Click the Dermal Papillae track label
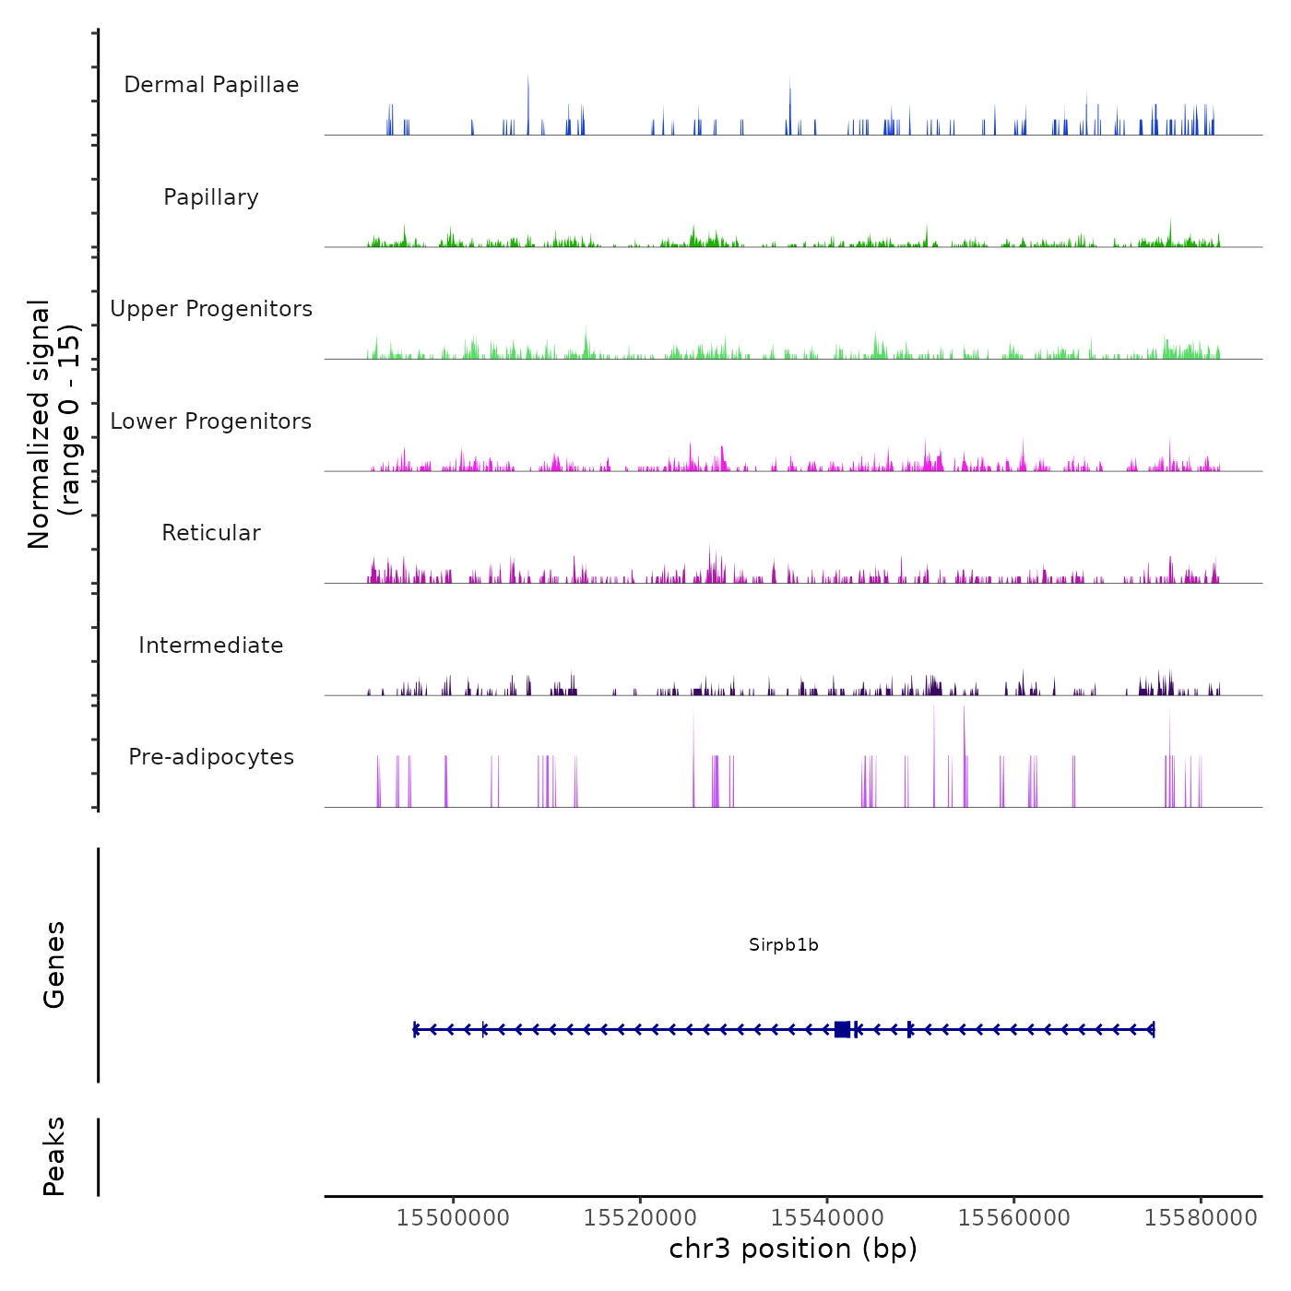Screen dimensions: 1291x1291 tap(211, 85)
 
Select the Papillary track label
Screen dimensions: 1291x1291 tap(211, 197)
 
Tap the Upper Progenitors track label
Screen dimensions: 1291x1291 tap(211, 309)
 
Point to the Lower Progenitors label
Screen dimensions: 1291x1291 tap(211, 421)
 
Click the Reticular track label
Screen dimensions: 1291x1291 tap(211, 533)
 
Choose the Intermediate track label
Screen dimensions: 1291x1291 tap(211, 645)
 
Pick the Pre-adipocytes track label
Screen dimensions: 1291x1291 tap(211, 757)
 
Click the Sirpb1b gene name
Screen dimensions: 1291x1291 tap(784, 945)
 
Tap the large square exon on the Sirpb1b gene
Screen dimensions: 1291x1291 tap(842, 1029)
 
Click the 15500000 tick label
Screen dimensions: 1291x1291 tap(453, 1217)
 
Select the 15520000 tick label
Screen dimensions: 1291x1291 tap(640, 1217)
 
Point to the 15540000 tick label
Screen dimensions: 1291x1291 tap(827, 1217)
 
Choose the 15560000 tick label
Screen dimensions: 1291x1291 tap(1014, 1217)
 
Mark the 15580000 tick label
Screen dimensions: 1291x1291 tap(1201, 1217)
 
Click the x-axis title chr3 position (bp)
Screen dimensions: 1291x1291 tap(793, 1249)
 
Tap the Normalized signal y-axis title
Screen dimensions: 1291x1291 tap(53, 423)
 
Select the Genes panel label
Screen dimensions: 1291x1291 tap(54, 965)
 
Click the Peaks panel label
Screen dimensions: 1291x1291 tap(54, 1156)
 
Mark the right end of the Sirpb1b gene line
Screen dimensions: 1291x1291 tap(1153, 1029)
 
